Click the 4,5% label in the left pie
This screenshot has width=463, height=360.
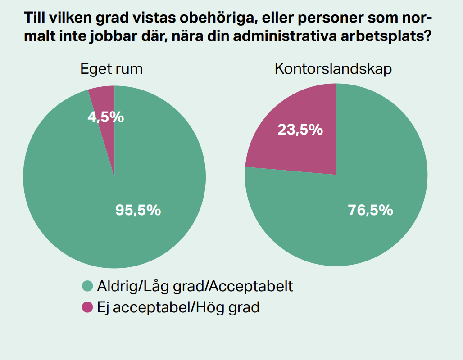pyautogui.click(x=105, y=117)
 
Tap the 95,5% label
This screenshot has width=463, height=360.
pyautogui.click(x=138, y=210)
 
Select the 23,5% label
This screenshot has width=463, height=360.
pyautogui.click(x=300, y=130)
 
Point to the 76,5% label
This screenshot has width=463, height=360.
pyautogui.click(x=371, y=210)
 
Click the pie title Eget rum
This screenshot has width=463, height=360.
pyautogui.click(x=111, y=69)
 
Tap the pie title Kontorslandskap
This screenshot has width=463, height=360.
pyautogui.click(x=333, y=69)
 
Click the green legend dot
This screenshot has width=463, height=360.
pyautogui.click(x=87, y=286)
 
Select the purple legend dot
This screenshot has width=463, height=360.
pyautogui.click(x=87, y=307)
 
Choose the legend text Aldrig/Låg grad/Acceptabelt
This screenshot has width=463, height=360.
pyautogui.click(x=195, y=286)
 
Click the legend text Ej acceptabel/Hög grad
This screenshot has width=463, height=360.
pyautogui.click(x=178, y=308)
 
